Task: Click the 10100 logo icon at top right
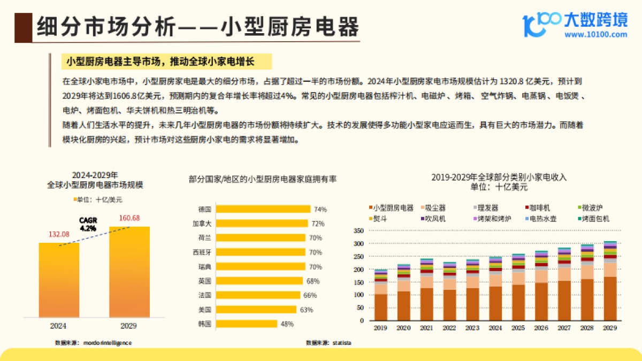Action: pyautogui.click(x=541, y=24)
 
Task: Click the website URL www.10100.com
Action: pyautogui.click(x=595, y=35)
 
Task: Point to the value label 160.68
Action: pyautogui.click(x=129, y=218)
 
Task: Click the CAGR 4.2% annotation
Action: pyautogui.click(x=88, y=224)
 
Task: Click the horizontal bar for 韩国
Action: pyautogui.click(x=246, y=324)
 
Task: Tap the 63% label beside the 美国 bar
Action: pyautogui.click(x=306, y=310)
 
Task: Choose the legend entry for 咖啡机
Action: pyautogui.click(x=537, y=208)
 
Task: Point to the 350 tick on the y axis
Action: pyautogui.click(x=359, y=231)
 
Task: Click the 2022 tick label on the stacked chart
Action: pyautogui.click(x=449, y=328)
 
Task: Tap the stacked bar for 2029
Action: pyautogui.click(x=609, y=281)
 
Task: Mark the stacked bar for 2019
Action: pyautogui.click(x=380, y=295)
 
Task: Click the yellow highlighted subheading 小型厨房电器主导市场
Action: pyautogui.click(x=160, y=62)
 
